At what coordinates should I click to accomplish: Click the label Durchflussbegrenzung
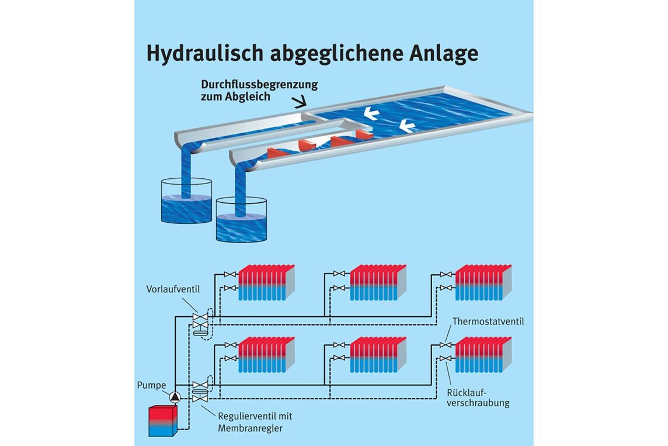259,85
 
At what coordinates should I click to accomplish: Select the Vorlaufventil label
173,289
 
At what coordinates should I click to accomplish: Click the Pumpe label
151,385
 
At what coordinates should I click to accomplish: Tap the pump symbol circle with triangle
175,397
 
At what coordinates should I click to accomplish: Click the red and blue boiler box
163,421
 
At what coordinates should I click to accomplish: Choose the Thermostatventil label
488,321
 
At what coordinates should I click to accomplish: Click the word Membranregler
250,428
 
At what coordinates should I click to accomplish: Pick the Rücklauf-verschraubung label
478,398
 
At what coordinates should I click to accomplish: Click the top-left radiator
266,282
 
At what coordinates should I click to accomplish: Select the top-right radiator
483,282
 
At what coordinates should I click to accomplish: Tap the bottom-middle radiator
378,355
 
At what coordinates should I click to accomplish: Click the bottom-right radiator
483,355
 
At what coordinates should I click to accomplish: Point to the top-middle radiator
378,282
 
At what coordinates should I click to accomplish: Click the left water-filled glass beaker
186,201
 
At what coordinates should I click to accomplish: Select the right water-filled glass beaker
241,220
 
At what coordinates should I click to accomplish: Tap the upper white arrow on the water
371,113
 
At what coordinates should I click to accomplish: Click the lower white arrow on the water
407,126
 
